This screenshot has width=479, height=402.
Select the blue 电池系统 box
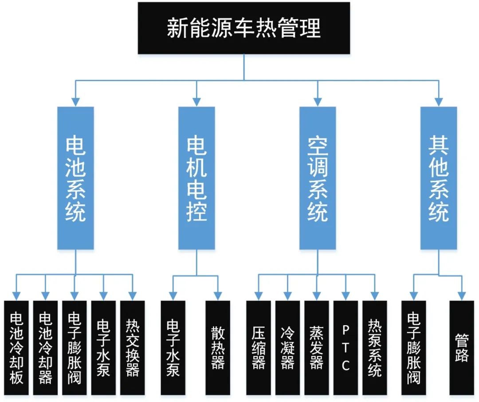tap(75, 178)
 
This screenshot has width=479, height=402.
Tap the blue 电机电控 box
tap(196, 178)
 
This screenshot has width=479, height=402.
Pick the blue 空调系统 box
tap(318, 178)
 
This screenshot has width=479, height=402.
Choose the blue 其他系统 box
tap(439, 178)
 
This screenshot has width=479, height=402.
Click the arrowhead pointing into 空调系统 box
tap(318, 102)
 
